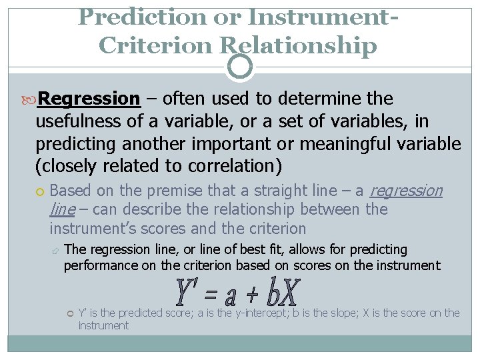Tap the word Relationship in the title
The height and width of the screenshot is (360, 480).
tap(298, 46)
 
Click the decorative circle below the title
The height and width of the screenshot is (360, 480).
tap(240, 66)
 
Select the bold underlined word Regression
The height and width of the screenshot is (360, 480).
tap(89, 99)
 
